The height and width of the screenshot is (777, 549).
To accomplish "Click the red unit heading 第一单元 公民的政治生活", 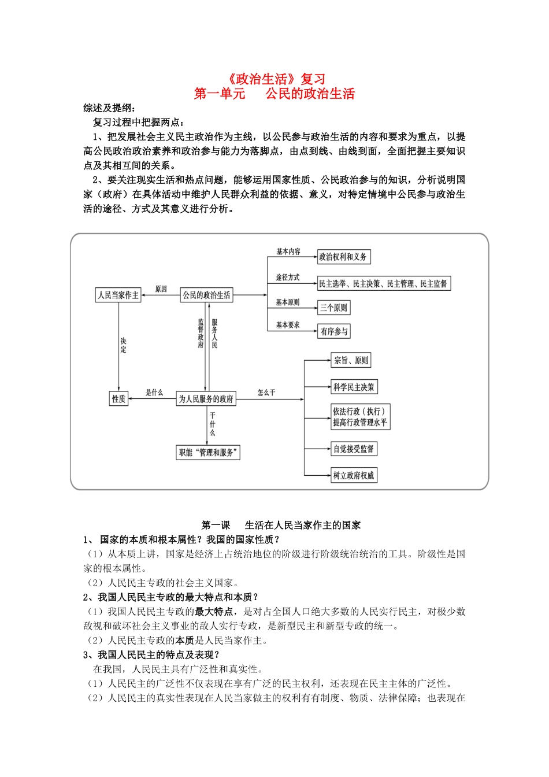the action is [274, 94].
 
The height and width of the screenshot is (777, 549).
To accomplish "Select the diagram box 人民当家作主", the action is [118, 295].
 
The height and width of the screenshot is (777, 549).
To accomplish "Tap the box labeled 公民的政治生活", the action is [206, 295].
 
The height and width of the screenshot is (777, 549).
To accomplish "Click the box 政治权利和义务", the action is [343, 257].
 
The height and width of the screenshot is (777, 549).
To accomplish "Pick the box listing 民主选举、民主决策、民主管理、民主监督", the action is [383, 284].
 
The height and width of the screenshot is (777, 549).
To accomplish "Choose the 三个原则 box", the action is [334, 308].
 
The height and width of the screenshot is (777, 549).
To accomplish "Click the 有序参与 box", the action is [334, 331].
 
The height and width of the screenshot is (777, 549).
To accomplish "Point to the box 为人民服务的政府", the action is [206, 399].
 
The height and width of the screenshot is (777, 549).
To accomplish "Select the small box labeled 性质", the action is [119, 399].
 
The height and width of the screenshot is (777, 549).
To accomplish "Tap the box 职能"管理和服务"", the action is [208, 453].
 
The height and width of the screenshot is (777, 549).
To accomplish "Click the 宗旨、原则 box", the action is [351, 360].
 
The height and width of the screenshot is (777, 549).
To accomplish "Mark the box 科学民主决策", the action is [354, 387].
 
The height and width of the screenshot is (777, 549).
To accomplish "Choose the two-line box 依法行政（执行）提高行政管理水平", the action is [359, 417].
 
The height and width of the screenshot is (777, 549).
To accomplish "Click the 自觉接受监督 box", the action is [354, 449].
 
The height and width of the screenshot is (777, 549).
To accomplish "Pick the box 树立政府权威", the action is [354, 475].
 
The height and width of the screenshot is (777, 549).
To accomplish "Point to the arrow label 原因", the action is [161, 289].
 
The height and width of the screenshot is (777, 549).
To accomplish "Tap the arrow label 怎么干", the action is [266, 393].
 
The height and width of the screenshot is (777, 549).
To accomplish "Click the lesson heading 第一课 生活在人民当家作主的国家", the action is [281, 525].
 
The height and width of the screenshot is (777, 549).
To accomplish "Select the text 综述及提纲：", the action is [110, 108].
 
